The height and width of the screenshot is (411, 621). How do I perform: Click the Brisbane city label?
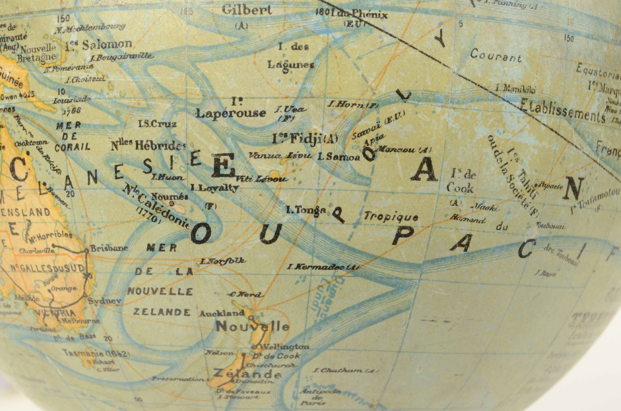[109, 248]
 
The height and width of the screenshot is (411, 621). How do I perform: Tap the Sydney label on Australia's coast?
[105, 301]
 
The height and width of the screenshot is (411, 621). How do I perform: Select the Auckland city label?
[222, 313]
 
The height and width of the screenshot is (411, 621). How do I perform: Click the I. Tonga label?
[306, 210]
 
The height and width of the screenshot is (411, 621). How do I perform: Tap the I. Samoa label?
[338, 157]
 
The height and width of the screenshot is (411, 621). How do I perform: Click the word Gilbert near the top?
[247, 10]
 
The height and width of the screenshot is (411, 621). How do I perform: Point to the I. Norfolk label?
[223, 261]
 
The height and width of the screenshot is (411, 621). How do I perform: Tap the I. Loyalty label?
[215, 188]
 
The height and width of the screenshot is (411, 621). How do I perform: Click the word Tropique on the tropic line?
[391, 217]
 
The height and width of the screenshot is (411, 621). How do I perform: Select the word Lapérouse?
[231, 113]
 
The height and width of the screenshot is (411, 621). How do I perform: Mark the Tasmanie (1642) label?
[96, 353]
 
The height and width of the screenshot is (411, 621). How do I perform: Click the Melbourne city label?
[80, 321]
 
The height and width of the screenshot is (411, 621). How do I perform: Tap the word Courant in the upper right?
[496, 55]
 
